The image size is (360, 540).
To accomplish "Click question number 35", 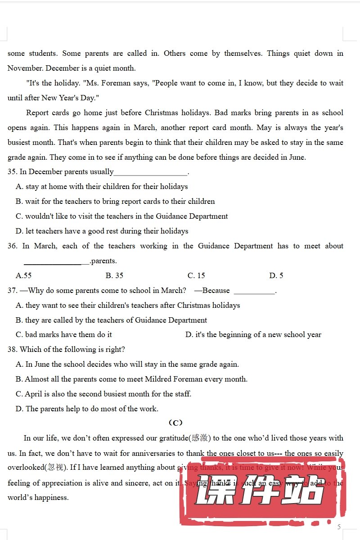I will (x=12, y=171).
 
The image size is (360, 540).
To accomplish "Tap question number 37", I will (x=12, y=290).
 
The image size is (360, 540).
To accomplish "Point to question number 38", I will (x=12, y=349).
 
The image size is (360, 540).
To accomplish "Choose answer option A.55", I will (x=23, y=275).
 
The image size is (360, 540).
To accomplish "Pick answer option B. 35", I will (x=114, y=275).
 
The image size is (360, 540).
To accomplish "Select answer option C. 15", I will (x=196, y=275).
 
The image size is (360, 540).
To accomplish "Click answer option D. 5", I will (x=276, y=275).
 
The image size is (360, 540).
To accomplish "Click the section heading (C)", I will (x=175, y=423).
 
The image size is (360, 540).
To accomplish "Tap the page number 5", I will (x=339, y=526).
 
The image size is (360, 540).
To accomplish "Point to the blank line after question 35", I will (x=151, y=174).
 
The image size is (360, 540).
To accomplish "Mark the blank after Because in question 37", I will (x=254, y=292).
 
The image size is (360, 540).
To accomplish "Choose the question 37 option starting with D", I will (x=253, y=334).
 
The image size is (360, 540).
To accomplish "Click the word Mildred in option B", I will (x=157, y=379).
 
